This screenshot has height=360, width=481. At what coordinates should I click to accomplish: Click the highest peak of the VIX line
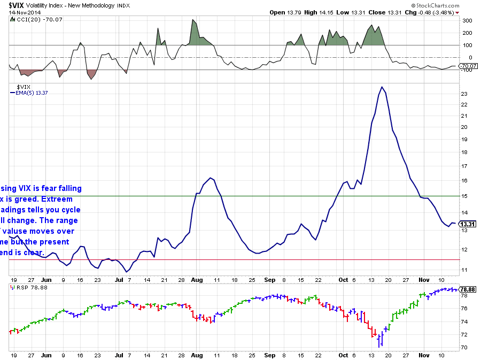tap(382, 87)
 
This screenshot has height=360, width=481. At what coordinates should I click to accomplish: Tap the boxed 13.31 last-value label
tap(467, 224)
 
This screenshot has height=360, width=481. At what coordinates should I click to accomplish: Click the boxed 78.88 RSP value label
tap(468, 289)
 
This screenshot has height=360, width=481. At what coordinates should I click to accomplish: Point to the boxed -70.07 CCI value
tap(467, 66)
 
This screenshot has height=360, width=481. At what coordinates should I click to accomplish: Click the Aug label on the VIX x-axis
tap(197, 279)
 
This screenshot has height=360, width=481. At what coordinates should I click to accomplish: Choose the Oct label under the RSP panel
tap(344, 355)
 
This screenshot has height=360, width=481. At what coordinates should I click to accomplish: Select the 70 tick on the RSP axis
tap(464, 348)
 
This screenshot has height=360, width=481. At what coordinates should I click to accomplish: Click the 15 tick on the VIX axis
tap(464, 196)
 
